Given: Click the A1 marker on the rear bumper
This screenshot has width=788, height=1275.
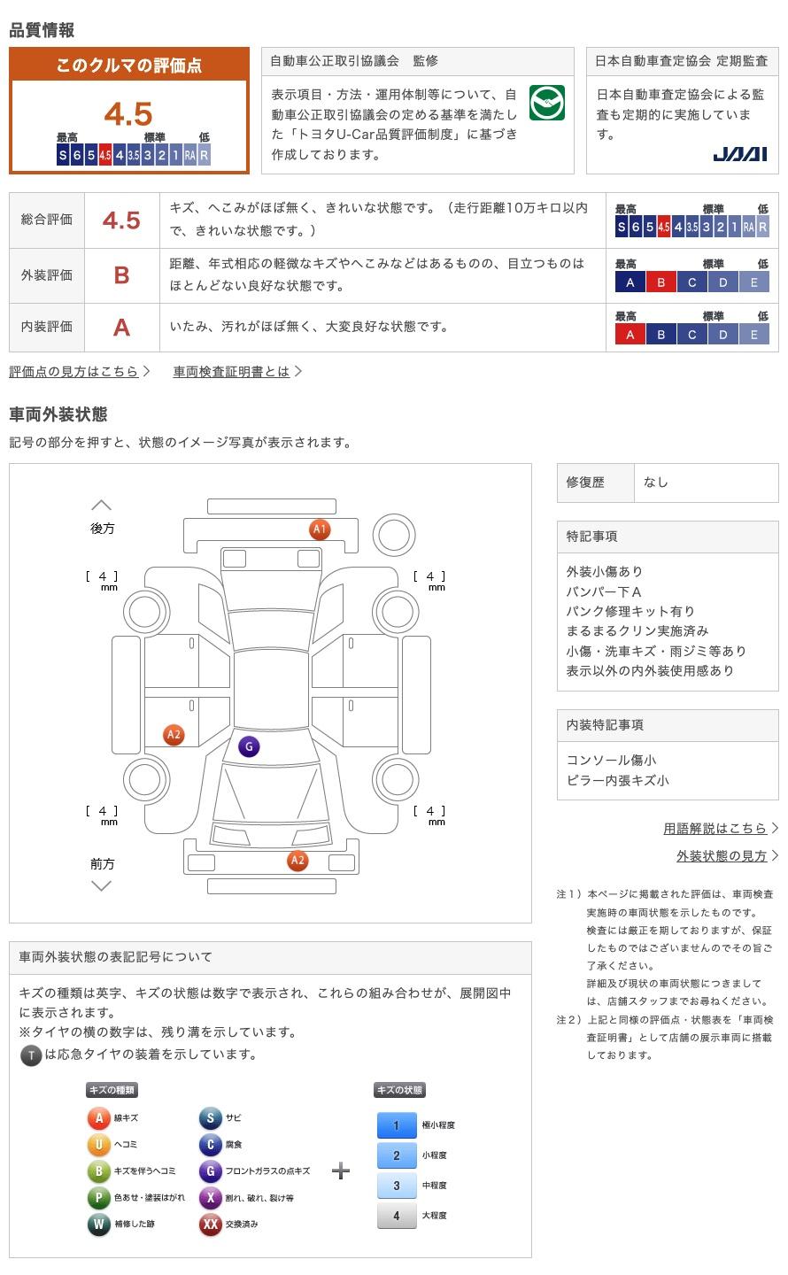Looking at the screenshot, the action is click(320, 529).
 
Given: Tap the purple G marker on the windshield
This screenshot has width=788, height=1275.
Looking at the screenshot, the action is click(249, 746).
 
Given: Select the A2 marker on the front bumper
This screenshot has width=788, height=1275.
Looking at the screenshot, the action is click(297, 860).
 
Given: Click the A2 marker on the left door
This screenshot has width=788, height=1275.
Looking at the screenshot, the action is click(174, 734).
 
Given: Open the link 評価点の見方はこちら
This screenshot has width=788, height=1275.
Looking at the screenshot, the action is click(74, 372).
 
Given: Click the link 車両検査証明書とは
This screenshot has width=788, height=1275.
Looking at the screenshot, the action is click(231, 372).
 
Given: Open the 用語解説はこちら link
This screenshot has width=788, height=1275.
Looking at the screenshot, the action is click(715, 828).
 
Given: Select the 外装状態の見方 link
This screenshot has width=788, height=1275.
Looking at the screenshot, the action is click(722, 855).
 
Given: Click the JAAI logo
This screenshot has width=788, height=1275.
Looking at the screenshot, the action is click(739, 154).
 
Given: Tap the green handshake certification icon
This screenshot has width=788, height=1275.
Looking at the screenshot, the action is click(546, 103).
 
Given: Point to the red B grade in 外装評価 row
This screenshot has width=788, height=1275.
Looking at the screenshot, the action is click(122, 275).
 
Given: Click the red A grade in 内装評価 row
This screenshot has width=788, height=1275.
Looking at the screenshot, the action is click(122, 328).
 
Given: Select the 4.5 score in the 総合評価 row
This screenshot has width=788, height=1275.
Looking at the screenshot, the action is click(121, 220).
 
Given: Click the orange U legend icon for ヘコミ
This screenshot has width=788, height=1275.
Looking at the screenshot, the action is click(98, 1144).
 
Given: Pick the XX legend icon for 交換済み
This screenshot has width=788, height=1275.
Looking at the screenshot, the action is click(210, 1224).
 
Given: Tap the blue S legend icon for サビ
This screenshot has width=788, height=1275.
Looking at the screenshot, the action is click(210, 1118).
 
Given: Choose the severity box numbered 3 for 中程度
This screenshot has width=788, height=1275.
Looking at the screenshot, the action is click(397, 1186).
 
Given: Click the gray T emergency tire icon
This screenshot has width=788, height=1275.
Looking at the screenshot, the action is click(31, 1055).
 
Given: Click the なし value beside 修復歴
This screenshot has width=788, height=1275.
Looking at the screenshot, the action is click(655, 482).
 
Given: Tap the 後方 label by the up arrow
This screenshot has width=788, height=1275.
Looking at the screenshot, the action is click(102, 529).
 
